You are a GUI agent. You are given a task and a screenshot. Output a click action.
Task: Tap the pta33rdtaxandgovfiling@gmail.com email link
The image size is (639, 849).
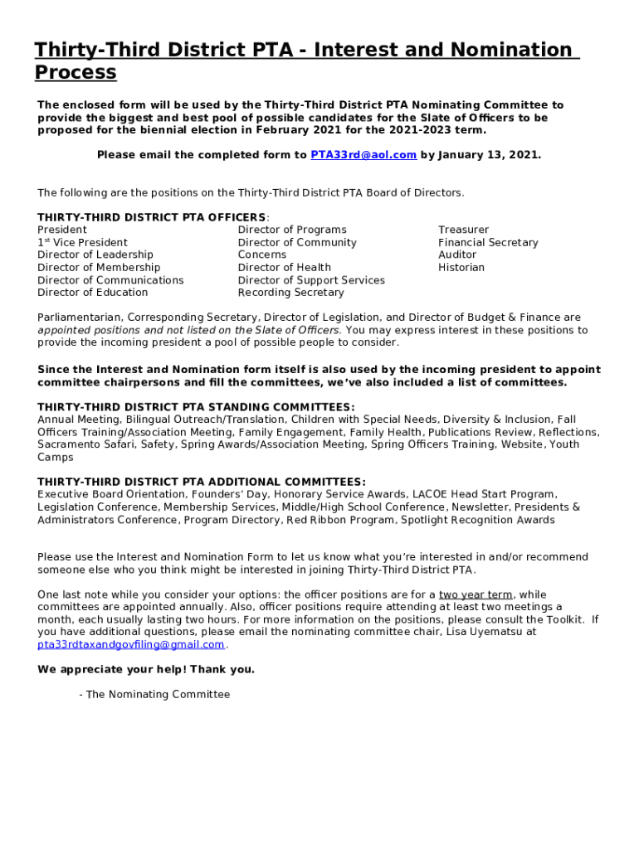(131, 644)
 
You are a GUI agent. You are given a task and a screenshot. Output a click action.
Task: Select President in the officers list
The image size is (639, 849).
(62, 230)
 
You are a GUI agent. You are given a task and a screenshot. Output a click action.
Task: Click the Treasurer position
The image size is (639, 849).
(464, 230)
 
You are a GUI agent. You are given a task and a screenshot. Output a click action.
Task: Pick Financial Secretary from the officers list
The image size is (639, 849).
(488, 242)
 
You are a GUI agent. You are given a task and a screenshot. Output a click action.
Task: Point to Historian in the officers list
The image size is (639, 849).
(461, 267)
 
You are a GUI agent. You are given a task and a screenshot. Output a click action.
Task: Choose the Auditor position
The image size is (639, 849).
(457, 255)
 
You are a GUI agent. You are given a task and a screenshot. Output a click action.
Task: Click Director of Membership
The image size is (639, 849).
(99, 267)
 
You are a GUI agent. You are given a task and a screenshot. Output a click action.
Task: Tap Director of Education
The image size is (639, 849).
(93, 292)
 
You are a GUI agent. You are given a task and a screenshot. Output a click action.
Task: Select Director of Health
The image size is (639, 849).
(285, 267)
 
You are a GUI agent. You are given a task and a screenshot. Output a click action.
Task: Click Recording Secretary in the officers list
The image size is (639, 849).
(290, 292)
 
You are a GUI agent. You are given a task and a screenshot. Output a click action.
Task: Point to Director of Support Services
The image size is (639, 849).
(311, 279)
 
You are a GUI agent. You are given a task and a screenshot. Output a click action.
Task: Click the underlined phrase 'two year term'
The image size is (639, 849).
(476, 594)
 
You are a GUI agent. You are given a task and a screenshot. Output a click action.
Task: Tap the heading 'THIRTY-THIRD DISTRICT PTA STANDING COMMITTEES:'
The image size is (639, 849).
(196, 407)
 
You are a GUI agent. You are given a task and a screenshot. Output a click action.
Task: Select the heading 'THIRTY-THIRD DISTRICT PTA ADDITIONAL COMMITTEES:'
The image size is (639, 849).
(201, 482)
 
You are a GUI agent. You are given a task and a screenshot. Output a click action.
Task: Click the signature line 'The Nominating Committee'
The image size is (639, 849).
(158, 694)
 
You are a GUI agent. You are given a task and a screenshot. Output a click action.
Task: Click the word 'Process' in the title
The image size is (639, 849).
(76, 72)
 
